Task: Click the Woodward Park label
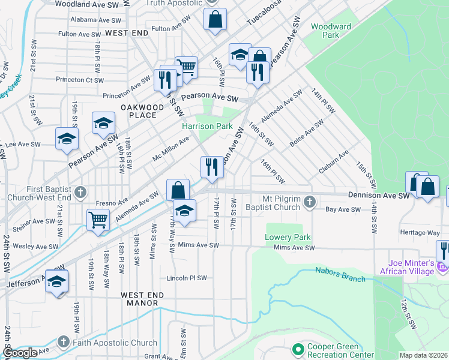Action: click(x=331, y=31)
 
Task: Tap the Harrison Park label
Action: click(x=207, y=127)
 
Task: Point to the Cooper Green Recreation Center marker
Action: click(x=297, y=349)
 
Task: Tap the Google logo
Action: click(x=19, y=353)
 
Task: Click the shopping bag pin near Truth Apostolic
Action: click(x=215, y=19)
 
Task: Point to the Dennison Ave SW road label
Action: click(x=379, y=195)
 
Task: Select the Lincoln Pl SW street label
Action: click(x=186, y=278)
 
